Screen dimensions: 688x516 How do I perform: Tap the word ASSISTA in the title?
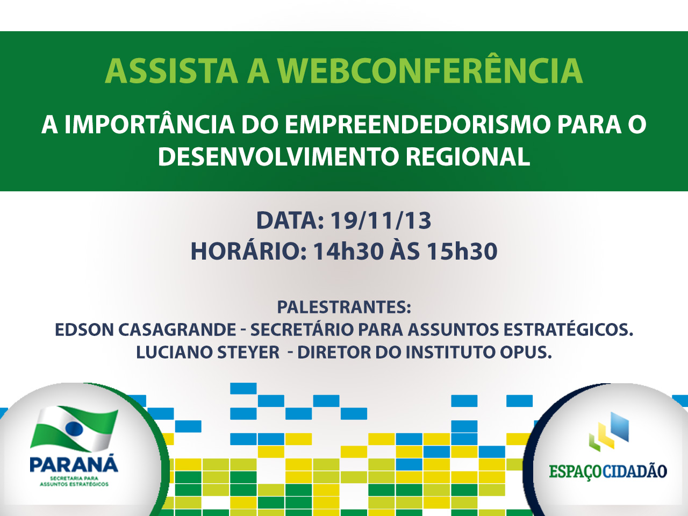click(171, 71)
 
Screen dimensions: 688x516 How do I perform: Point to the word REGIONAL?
click(468, 156)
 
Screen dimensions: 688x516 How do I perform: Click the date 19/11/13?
click(381, 220)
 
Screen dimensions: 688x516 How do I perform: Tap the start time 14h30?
click(348, 251)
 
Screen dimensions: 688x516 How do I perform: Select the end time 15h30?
click(462, 251)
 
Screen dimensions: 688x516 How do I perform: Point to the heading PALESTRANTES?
click(344, 307)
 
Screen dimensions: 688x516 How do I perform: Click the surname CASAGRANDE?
click(177, 330)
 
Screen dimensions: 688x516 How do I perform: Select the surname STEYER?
click(248, 353)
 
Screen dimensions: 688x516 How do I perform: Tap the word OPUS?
click(526, 353)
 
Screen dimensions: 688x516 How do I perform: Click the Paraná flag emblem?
click(74, 429)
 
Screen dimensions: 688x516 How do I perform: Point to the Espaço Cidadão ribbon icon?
click(609, 432)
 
